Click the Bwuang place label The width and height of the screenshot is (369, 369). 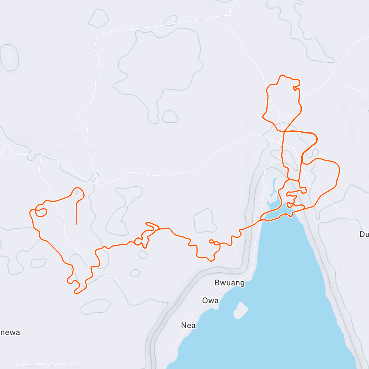[x=229, y=283]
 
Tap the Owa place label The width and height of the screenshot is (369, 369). [x=210, y=300]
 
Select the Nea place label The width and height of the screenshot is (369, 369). [x=188, y=325]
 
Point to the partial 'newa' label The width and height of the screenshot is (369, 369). [x=10, y=332]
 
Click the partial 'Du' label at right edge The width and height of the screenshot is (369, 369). [x=364, y=234]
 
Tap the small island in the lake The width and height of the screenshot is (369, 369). [x=241, y=310]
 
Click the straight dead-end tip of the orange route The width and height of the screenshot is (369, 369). [x=76, y=224]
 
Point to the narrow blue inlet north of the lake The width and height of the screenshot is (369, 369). [x=273, y=188]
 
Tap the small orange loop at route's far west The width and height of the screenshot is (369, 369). [x=41, y=212]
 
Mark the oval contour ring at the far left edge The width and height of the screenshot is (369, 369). [x=9, y=58]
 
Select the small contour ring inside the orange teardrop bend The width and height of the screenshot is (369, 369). [x=77, y=193]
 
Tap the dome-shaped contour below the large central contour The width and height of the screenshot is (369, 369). [x=170, y=117]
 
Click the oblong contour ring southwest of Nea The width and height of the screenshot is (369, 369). [x=96, y=307]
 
